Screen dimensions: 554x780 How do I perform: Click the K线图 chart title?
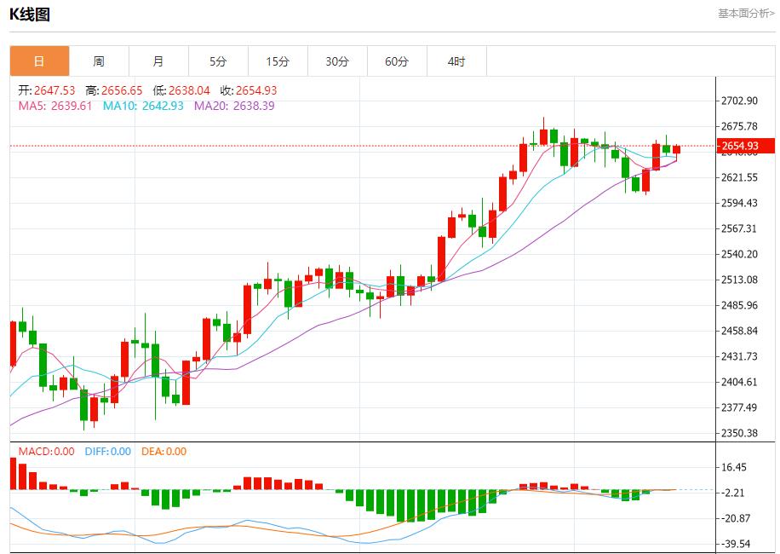30,14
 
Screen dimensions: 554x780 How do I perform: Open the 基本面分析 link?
746,14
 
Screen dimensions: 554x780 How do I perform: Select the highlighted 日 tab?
39,61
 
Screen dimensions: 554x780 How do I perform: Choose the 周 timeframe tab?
99,61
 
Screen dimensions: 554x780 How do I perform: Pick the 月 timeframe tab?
158,61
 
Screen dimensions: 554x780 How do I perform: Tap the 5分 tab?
218,61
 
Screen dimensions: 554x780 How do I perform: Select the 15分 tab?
278,61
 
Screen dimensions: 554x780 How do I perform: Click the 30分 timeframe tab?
337,61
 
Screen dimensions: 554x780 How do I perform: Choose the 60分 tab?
397,61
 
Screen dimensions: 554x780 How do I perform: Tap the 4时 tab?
456,61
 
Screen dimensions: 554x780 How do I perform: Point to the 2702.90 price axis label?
739,101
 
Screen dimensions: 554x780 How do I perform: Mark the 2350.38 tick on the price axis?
739,433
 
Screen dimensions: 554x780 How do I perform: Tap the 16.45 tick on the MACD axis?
734,467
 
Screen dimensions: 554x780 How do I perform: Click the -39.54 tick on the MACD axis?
734,544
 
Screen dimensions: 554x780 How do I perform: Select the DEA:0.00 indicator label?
163,452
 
